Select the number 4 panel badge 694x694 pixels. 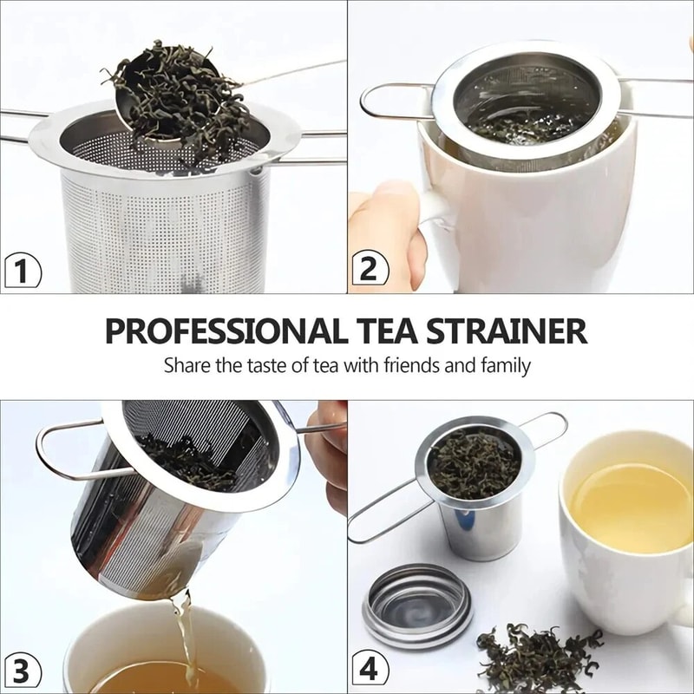pyautogui.click(x=369, y=671)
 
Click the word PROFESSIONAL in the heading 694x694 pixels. pyautogui.click(x=222, y=331)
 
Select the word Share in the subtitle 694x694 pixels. pyautogui.click(x=187, y=365)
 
